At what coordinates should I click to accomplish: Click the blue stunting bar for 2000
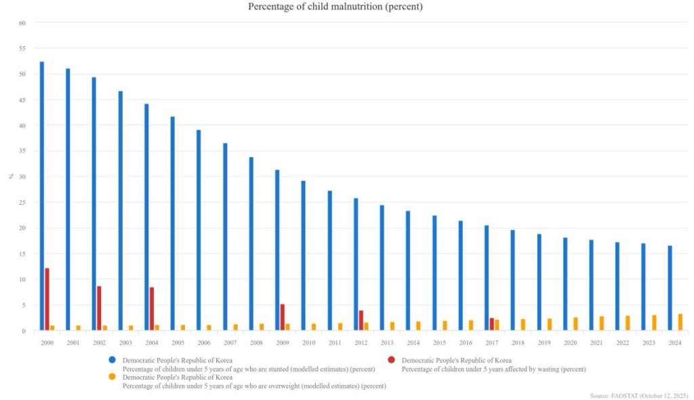coord(42,196)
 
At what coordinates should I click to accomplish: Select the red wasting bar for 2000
coord(47,299)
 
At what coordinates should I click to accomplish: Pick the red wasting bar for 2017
coord(492,324)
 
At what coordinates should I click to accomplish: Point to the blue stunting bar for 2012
coord(356,264)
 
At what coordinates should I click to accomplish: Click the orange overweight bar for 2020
coord(576,324)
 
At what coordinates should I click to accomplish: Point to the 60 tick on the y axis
coord(22,22)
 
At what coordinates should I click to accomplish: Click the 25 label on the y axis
coord(22,202)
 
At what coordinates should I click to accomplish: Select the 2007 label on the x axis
coord(230,343)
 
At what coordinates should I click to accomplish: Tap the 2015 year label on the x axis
coord(440,343)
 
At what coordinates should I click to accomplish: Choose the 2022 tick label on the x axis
coord(623,343)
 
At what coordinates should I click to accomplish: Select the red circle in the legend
coord(392,359)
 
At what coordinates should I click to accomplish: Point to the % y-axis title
coord(11,176)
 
